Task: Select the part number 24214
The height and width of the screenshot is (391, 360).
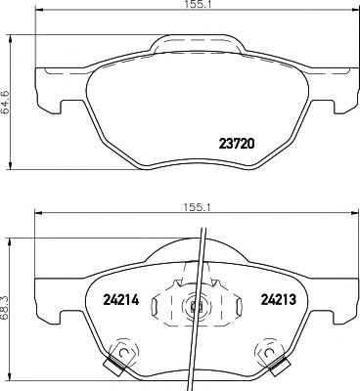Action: pos(121,299)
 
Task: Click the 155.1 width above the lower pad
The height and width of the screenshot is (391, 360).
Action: pos(192,207)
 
